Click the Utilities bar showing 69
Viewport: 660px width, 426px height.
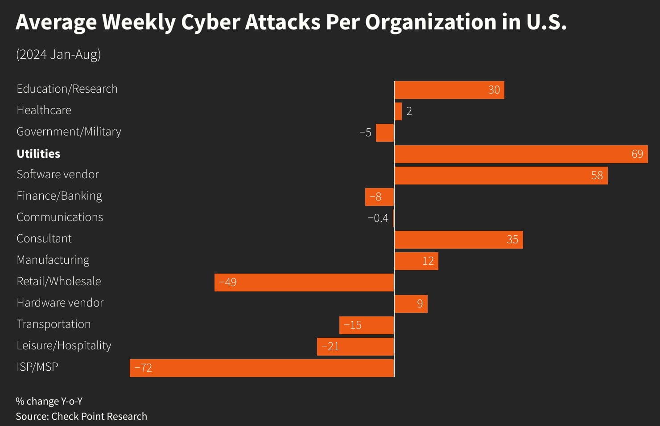coord(521,154)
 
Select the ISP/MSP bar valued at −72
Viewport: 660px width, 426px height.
coord(262,368)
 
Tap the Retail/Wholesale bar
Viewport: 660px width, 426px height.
coord(304,283)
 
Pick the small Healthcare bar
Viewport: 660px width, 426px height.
coord(398,111)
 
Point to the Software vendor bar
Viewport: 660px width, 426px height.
coord(501,176)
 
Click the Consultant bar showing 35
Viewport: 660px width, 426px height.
coord(458,240)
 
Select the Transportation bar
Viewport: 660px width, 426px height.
coord(367,325)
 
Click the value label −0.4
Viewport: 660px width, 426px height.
coord(378,218)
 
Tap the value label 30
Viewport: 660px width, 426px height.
coord(494,90)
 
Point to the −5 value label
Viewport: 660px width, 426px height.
coord(365,133)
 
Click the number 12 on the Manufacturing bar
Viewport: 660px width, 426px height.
coord(428,261)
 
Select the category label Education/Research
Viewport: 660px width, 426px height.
coord(67,89)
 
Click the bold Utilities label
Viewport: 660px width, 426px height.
coord(38,154)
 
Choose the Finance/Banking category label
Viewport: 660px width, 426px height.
coord(59,196)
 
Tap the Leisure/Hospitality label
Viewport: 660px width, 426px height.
coord(64,346)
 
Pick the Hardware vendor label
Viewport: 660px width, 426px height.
coord(60,303)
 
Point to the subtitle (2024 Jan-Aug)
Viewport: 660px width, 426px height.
coord(58,54)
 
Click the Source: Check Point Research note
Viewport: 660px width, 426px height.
coord(81,416)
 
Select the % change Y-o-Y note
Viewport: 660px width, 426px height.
coord(49,401)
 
